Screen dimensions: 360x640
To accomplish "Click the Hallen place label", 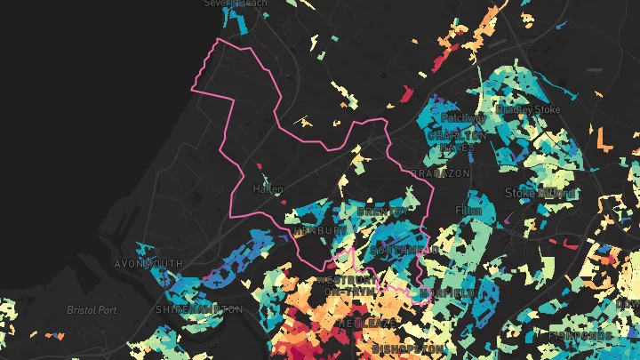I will point(268,189).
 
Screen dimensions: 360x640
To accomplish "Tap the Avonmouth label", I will point(148,264).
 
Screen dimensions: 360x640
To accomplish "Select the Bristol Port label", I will point(92,310).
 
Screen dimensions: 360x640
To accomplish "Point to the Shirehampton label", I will point(198,309).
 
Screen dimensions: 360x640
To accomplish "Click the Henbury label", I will point(318,230).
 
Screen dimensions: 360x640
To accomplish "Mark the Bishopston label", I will point(409,348).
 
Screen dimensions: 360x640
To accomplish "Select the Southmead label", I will point(404,251).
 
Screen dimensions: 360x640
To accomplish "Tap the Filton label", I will point(468,211).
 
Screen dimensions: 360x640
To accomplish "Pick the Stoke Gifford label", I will point(540,192).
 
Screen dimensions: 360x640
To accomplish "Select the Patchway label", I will point(462,117).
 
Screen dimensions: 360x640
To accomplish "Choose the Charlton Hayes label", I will point(456,140).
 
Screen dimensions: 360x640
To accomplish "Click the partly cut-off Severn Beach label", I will point(236,4).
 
